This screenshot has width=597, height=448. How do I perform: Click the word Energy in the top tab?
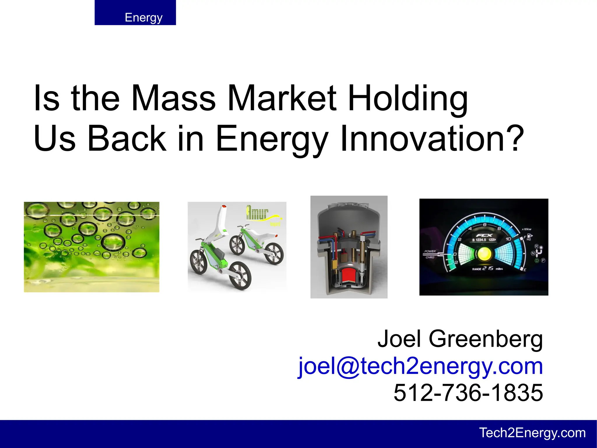coord(143,18)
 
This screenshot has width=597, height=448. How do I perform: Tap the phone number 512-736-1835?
coord(468,393)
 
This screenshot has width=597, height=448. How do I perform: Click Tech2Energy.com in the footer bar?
coord(532,433)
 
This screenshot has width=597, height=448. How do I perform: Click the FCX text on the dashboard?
coord(484,235)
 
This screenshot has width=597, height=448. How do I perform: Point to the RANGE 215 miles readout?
coord(487,269)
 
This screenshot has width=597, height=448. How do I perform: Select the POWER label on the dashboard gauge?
coord(430,251)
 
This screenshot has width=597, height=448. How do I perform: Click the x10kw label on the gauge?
coord(526,229)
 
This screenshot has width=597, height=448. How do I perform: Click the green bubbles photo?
coord(92,247)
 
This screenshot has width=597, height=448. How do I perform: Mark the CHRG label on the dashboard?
coord(430,257)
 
